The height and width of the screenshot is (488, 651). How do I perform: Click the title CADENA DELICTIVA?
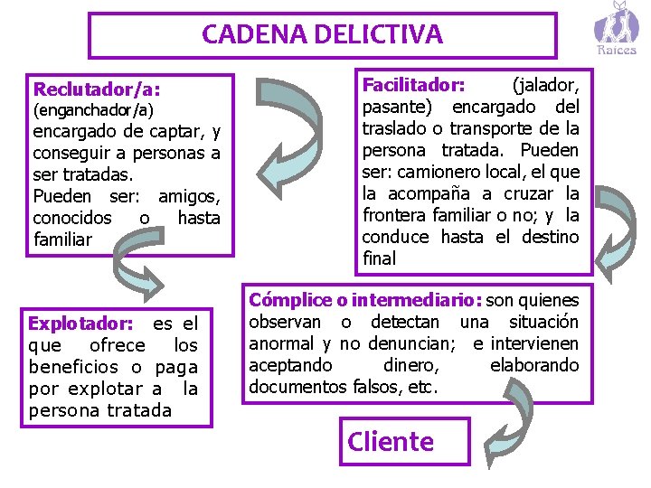[322, 34]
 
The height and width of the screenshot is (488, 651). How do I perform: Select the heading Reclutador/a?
[97, 89]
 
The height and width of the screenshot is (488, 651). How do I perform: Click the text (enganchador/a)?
[93, 110]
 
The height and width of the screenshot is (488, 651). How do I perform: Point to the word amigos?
[189, 196]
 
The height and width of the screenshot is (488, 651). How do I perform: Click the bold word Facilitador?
[414, 85]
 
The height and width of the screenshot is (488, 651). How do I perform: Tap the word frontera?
[394, 215]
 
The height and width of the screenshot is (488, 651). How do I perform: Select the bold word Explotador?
[81, 324]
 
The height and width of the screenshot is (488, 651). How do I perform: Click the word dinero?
[410, 365]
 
